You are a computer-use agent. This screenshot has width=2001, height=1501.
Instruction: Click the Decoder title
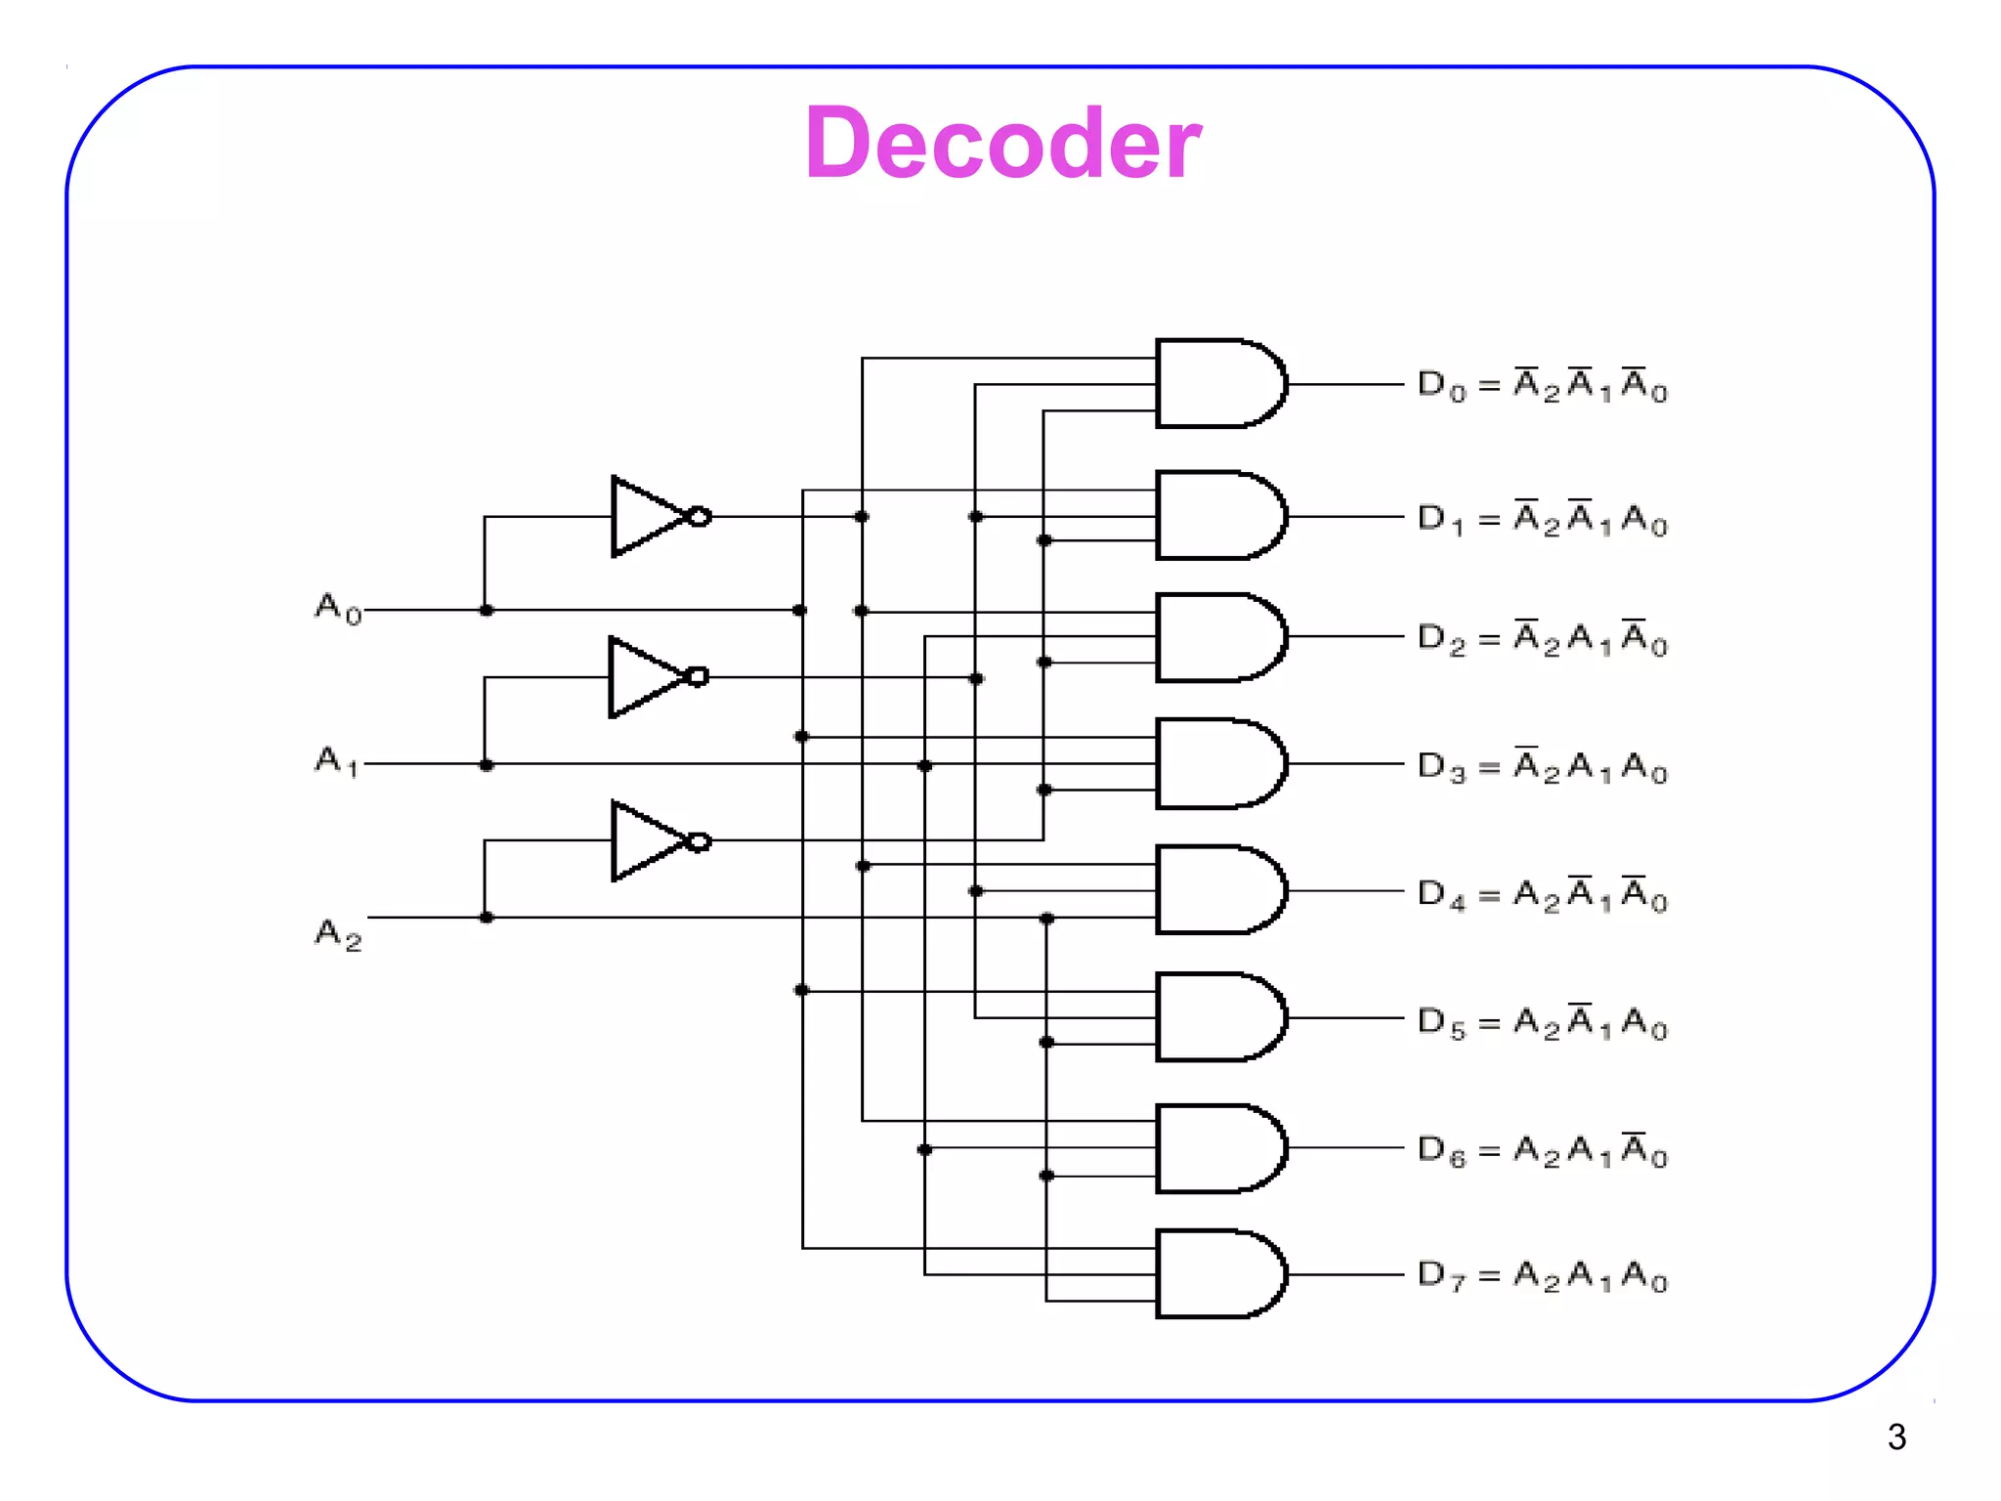coord(1002,144)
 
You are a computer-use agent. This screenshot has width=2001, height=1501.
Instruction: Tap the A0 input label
coord(338,608)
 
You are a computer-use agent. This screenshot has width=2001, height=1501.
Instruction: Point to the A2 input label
coord(338,933)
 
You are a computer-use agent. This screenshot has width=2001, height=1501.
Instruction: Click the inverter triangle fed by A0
coord(647,516)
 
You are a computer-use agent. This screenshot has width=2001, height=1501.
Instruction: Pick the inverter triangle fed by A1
coord(645,677)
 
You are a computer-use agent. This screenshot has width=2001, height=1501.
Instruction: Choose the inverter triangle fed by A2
coord(647,840)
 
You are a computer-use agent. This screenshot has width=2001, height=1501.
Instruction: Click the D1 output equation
coord(1542,518)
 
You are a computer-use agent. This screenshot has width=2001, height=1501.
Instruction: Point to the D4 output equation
coord(1542,893)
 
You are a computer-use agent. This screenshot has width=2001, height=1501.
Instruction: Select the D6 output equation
coord(1542,1149)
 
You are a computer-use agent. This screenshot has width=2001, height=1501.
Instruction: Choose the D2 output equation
coord(1542,638)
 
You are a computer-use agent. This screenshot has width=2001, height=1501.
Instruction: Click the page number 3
coord(1895,1437)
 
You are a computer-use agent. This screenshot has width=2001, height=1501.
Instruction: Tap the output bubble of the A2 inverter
coord(700,841)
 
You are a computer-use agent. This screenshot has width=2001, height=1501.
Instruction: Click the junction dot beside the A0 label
coord(487,610)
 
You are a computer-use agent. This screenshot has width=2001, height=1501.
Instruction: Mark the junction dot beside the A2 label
coord(487,918)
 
